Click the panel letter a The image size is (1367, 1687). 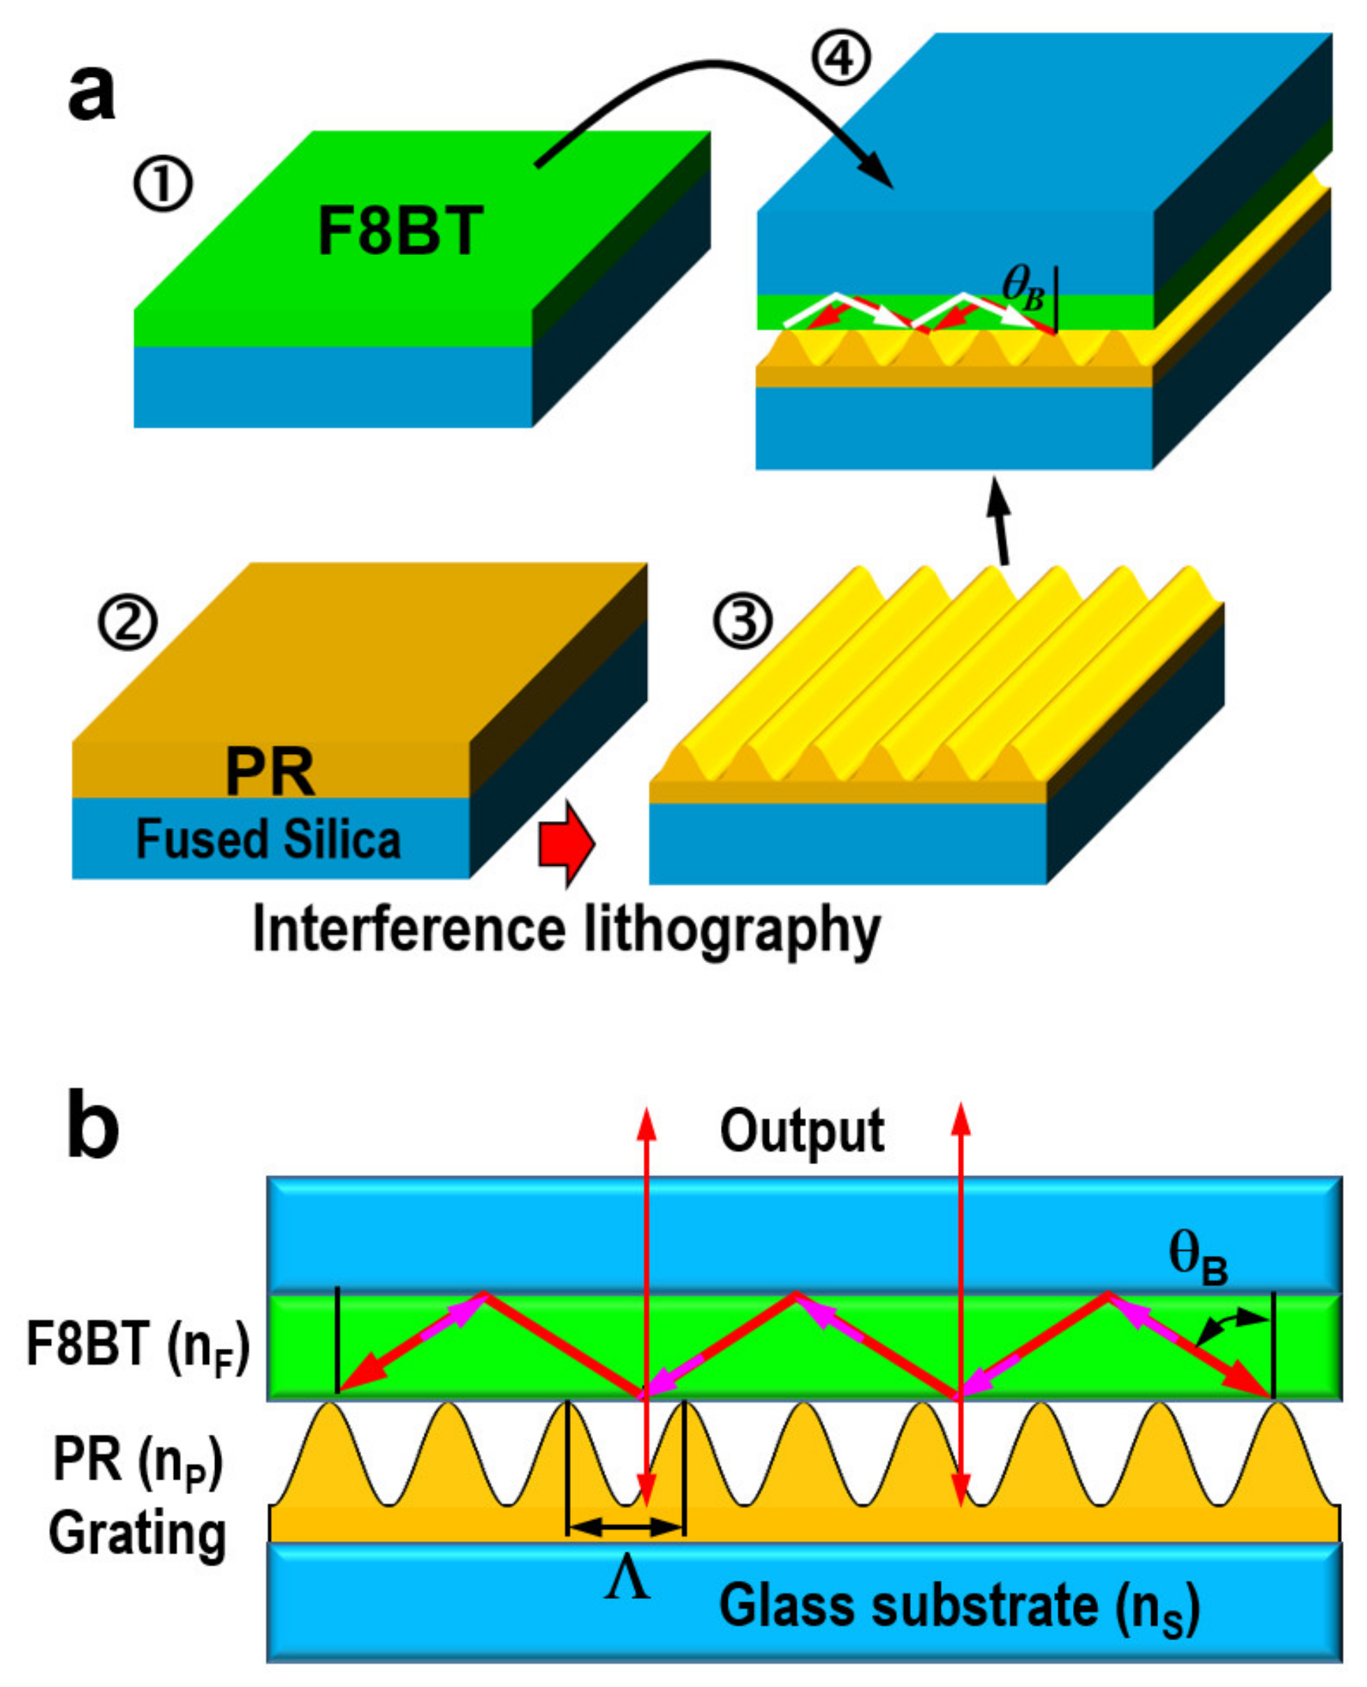92,93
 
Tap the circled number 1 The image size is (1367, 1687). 163,185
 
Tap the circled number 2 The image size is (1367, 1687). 128,621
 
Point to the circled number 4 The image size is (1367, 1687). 842,60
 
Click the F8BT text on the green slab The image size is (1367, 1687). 400,231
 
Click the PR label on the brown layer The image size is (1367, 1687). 270,773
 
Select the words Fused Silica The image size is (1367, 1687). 268,839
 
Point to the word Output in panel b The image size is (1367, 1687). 802,1131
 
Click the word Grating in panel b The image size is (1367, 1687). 138,1533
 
